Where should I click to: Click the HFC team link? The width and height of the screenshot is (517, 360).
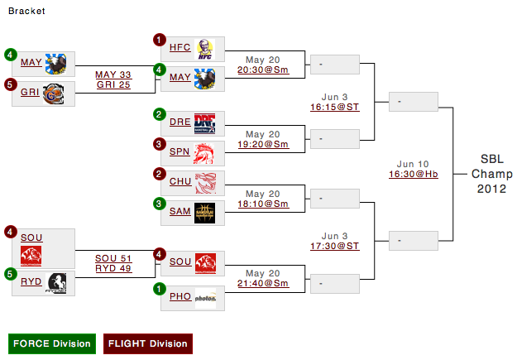pos(180,48)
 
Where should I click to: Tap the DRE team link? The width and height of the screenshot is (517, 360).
pos(180,122)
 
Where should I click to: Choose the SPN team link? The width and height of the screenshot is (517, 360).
pos(180,151)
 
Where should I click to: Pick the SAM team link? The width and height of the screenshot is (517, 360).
pos(180,211)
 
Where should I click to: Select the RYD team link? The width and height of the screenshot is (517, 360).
pos(31,282)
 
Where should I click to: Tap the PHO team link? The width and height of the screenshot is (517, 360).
pos(180,295)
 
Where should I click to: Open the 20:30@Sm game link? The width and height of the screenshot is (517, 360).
pos(262,71)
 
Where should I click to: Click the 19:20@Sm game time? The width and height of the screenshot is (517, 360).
pos(262,144)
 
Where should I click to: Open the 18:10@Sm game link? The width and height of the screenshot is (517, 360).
pos(262,204)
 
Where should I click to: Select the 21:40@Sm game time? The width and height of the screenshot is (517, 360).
pos(262,283)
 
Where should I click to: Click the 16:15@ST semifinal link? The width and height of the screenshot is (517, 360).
pos(334,107)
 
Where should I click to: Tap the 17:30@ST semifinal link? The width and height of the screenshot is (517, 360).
pos(334,246)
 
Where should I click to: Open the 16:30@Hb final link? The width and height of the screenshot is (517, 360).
pos(413,174)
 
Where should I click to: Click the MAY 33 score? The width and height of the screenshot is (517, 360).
pos(113,74)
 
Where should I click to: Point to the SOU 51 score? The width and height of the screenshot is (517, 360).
pos(113,257)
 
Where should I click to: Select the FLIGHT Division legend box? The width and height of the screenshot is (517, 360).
pos(147,343)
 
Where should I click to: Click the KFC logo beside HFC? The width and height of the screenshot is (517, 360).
pos(206,50)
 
